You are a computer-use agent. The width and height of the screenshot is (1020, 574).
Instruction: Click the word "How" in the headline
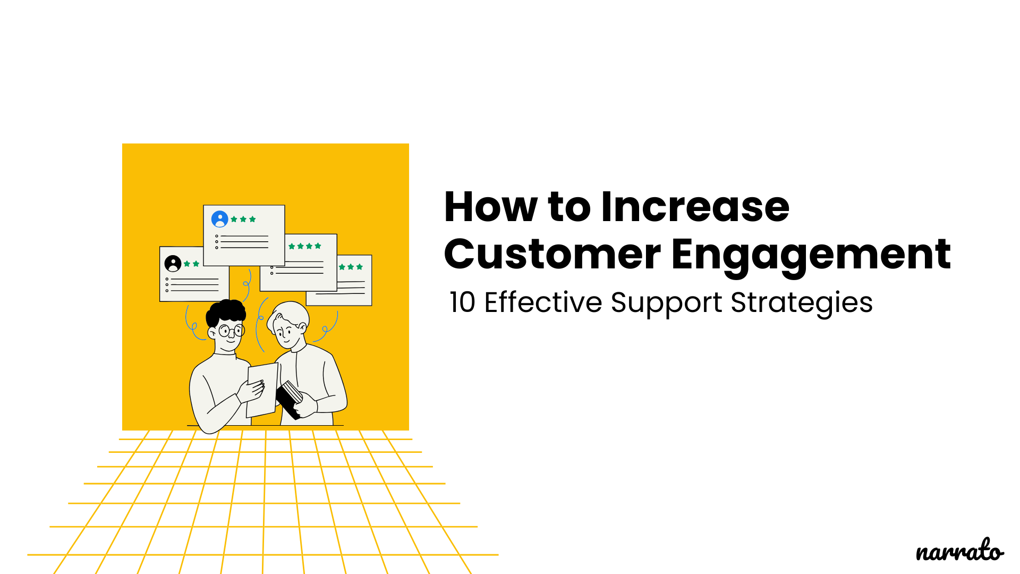(490, 207)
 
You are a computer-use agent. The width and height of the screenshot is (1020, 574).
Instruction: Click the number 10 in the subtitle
(462, 302)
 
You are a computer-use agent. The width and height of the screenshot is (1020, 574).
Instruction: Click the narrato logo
(959, 551)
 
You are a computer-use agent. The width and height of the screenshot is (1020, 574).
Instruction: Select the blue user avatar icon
(219, 219)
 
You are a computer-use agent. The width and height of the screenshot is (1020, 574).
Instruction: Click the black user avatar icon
(173, 264)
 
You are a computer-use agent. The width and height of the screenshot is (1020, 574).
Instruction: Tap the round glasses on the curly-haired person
(232, 331)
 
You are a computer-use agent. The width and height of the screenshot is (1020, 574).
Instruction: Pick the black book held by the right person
(289, 399)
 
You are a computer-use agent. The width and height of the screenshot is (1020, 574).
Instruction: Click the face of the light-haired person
(287, 333)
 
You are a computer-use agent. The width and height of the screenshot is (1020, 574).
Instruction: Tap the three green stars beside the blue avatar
(243, 219)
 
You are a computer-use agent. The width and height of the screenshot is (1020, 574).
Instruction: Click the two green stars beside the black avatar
(191, 264)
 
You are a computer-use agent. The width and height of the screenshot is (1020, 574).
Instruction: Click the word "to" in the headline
(569, 207)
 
